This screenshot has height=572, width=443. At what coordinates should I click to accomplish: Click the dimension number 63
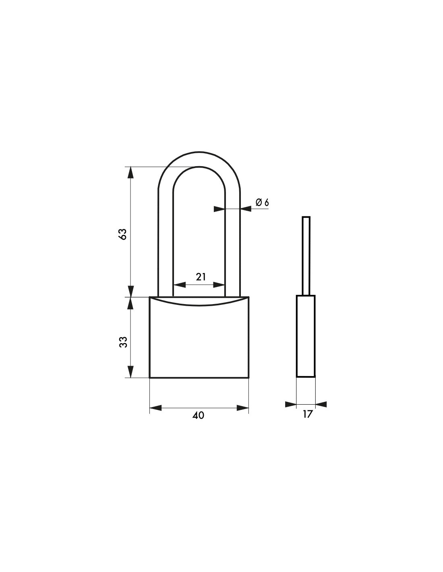[123, 234]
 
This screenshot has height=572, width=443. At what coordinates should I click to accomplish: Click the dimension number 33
[123, 342]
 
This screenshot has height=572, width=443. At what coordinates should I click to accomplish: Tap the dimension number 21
[201, 277]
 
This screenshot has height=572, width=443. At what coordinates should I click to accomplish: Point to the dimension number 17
[307, 414]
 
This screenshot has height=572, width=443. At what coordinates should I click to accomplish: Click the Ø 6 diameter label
[262, 202]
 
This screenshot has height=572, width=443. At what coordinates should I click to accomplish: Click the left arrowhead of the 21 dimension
[180, 285]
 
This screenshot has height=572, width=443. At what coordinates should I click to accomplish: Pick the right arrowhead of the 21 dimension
[219, 285]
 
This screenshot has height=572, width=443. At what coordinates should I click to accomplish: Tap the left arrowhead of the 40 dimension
[155, 408]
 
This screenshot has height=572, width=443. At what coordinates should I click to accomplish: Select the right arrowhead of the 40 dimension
[243, 408]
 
